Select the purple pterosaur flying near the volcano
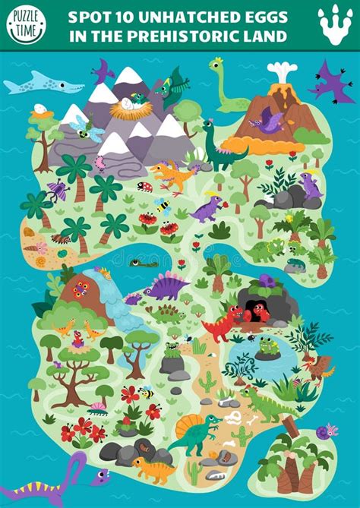332,81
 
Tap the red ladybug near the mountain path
144,186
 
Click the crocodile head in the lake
142,263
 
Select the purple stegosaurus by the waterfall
167,286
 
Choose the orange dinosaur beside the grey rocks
153,469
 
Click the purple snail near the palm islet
327,432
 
